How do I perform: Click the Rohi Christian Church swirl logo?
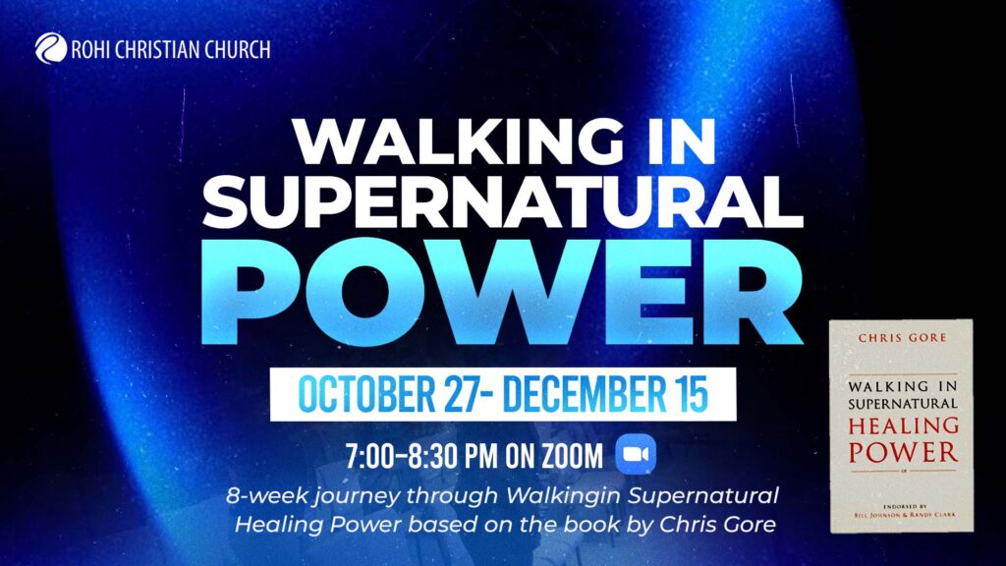pyautogui.click(x=51, y=49)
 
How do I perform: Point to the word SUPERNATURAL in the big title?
pyautogui.click(x=503, y=202)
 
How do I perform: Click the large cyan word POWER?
pyautogui.click(x=502, y=293)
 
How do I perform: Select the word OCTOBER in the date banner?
pyautogui.click(x=366, y=394)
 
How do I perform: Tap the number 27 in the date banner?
pyautogui.click(x=460, y=394)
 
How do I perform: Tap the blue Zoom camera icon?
pyautogui.click(x=636, y=454)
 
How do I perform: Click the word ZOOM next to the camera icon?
pyautogui.click(x=573, y=456)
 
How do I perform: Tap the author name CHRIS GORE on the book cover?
pyautogui.click(x=902, y=338)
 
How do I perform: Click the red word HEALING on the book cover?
pyautogui.click(x=904, y=425)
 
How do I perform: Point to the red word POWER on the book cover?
pyautogui.click(x=904, y=452)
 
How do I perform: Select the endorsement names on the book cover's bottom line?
pyautogui.click(x=905, y=514)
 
